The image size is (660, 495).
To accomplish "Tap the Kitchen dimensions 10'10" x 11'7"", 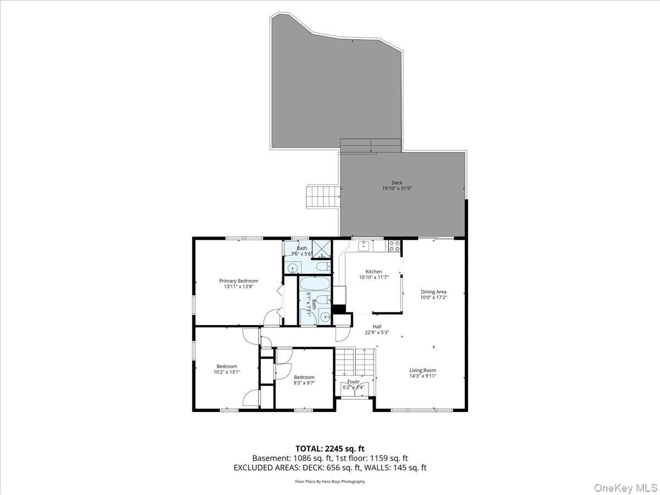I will point(373,278).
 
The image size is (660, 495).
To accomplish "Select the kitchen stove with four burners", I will point(394,246).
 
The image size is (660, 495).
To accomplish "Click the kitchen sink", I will point(364,246).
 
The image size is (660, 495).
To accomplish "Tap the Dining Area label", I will point(433,291).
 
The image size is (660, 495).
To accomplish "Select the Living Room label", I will point(422,370).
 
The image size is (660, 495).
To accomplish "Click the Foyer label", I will point(353,381).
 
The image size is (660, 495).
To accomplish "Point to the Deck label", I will point(397,183).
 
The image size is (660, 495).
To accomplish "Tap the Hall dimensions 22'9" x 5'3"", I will point(377,332).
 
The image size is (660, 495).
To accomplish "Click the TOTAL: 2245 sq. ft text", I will point(329,448).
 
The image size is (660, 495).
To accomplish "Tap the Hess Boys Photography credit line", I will point(330,481).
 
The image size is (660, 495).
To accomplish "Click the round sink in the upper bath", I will point(293,268).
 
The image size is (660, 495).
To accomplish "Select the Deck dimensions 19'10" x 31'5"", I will point(397,189).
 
